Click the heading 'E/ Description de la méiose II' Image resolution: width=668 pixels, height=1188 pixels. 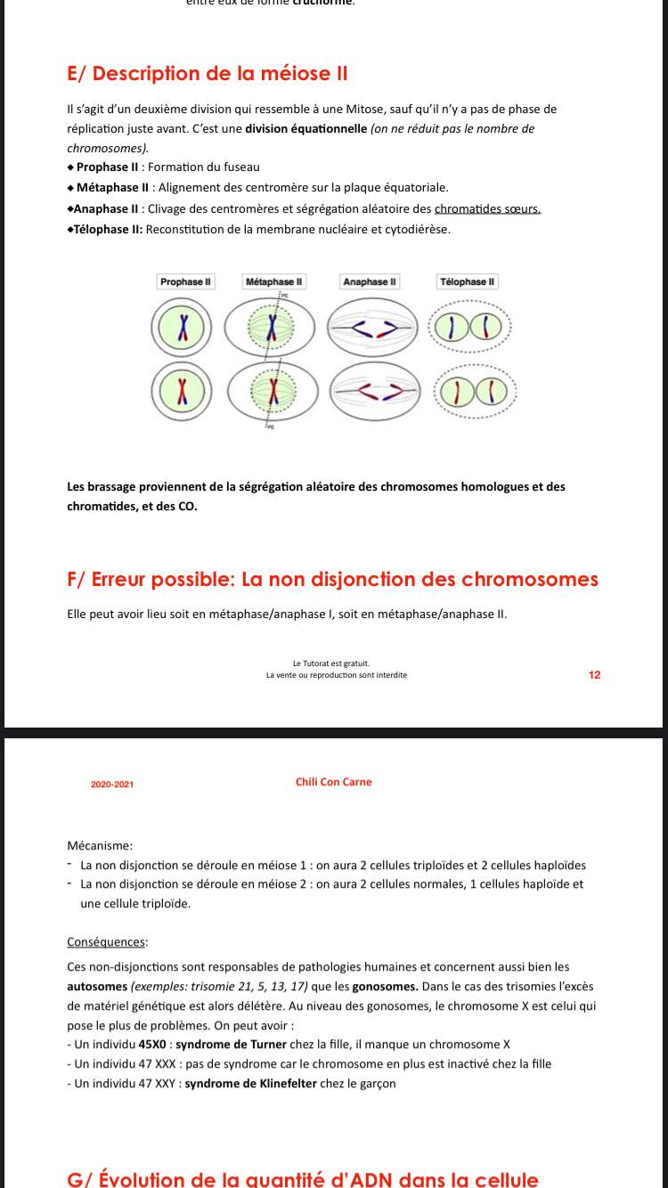207,74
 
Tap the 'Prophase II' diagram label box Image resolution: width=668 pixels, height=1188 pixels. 185,281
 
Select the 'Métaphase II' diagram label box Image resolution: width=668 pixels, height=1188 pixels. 274,281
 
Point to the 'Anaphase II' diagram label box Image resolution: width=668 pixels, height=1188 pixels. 371,281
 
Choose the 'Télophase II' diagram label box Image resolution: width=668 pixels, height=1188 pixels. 468,281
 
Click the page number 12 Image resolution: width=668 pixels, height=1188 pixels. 595,675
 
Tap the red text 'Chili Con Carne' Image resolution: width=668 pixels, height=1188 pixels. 334,782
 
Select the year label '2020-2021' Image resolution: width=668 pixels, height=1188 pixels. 112,785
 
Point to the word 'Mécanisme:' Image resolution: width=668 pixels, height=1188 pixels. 100,844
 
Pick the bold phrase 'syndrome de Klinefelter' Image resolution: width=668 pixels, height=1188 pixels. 250,1084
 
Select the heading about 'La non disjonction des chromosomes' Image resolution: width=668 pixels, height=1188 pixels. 332,580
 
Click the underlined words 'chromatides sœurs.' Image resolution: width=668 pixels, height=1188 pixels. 487,209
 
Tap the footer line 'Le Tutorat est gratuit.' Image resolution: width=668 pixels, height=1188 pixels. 331,663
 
